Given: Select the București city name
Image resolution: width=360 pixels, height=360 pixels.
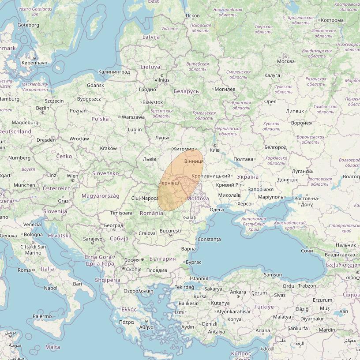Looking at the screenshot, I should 170,231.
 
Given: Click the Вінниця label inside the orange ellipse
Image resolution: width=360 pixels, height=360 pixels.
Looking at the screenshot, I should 194,162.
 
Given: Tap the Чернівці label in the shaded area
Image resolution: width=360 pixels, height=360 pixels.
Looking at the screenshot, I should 169,183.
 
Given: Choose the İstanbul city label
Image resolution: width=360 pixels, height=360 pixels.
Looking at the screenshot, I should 199,278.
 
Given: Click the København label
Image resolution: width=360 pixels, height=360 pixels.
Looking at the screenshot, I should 34,63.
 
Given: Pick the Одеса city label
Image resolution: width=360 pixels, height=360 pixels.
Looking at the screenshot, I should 217,210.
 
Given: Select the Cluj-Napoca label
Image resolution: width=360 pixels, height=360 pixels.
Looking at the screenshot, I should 145,198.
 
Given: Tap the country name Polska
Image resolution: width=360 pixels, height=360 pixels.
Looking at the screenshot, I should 100,119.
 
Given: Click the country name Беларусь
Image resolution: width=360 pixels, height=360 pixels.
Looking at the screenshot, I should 186,91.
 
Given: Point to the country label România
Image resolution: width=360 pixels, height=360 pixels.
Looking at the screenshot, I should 151,213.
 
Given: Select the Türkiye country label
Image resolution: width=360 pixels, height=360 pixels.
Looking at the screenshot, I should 264,307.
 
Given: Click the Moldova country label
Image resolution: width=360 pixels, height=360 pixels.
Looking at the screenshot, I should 198,199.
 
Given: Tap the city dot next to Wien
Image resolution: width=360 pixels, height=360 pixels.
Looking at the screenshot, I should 73,180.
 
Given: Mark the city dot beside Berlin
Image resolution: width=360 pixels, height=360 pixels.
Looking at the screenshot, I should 42,112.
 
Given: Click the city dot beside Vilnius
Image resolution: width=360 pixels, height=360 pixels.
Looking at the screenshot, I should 162,75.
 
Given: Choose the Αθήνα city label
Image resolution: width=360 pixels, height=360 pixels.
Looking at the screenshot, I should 146,327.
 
